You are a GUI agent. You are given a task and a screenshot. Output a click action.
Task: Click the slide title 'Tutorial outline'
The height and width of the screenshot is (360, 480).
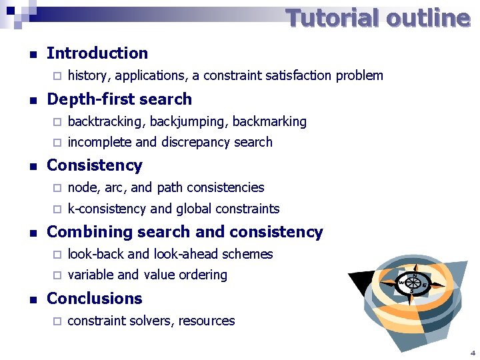[378, 18]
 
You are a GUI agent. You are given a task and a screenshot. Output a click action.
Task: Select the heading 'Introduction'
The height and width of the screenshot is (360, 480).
[97, 53]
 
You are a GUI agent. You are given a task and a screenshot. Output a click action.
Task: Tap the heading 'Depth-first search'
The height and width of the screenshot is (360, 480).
[119, 99]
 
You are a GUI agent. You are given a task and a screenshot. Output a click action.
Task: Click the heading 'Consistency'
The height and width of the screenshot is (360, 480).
[95, 165]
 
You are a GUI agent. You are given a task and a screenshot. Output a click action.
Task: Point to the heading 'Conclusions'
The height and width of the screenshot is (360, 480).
[95, 299]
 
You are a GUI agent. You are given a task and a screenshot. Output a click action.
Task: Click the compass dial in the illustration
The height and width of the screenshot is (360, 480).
[413, 283]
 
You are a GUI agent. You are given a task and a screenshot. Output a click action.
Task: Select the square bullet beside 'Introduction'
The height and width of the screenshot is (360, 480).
[25, 54]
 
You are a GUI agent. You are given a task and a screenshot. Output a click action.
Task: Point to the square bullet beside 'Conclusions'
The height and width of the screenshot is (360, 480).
[25, 299]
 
